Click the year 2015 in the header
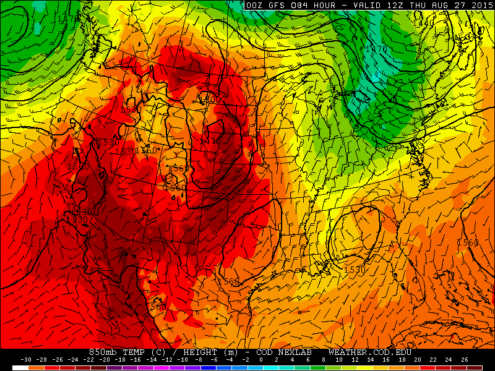[x=476, y=6]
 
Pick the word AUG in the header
[x=441, y=6]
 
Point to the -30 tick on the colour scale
[x=26, y=359]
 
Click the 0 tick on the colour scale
[x=260, y=359]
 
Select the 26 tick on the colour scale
[x=464, y=359]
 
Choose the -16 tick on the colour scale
[x=136, y=359]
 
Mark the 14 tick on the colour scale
[x=370, y=359]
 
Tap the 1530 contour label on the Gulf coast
[x=354, y=270]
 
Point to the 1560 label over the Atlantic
[x=468, y=242]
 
